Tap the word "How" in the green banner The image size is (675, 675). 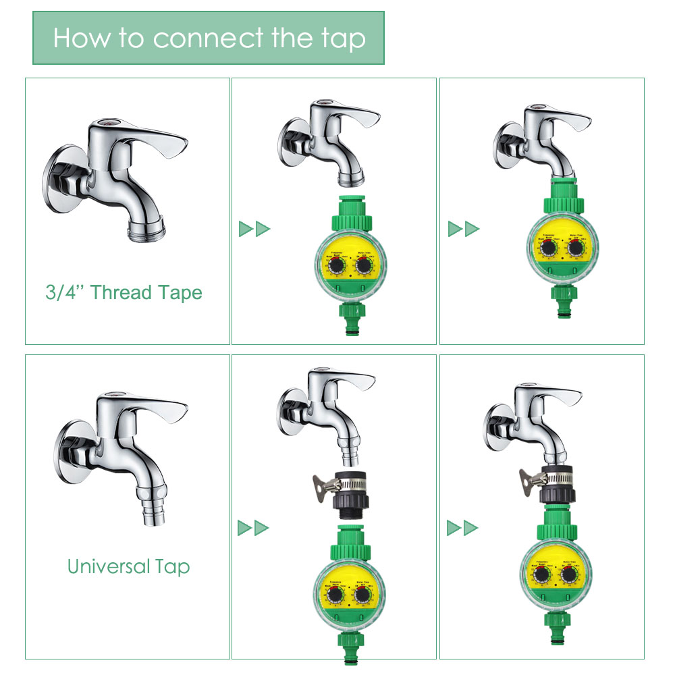point(80,38)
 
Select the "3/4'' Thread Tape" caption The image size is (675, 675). point(124,292)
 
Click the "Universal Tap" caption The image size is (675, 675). point(128,566)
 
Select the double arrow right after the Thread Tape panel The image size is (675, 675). point(254,229)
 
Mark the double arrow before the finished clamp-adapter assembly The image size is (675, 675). point(462,527)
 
